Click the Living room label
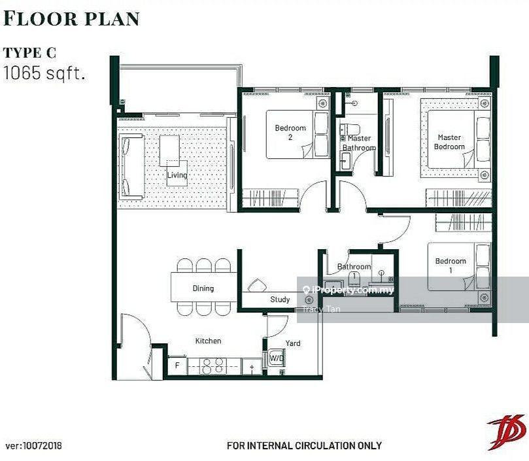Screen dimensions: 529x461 (x=177, y=175)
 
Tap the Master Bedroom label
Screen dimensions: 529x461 (x=449, y=142)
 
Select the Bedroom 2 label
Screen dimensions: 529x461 (x=290, y=132)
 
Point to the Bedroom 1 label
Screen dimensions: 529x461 (x=451, y=265)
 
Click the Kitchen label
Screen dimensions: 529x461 (x=208, y=341)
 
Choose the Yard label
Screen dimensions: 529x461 (x=293, y=343)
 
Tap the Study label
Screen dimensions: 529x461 (x=280, y=299)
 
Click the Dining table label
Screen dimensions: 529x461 (x=203, y=288)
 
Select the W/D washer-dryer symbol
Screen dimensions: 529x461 (x=277, y=358)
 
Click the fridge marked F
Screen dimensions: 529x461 (x=177, y=366)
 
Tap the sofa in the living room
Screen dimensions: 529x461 (x=132, y=165)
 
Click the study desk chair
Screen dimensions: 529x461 (x=257, y=285)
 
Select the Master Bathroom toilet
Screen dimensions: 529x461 (x=350, y=129)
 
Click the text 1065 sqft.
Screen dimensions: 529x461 (x=44, y=73)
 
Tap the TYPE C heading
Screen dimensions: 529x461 (x=29, y=53)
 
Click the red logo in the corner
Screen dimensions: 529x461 (x=507, y=432)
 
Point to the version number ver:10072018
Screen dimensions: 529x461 (x=34, y=446)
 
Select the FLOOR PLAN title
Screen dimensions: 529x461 (x=71, y=18)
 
